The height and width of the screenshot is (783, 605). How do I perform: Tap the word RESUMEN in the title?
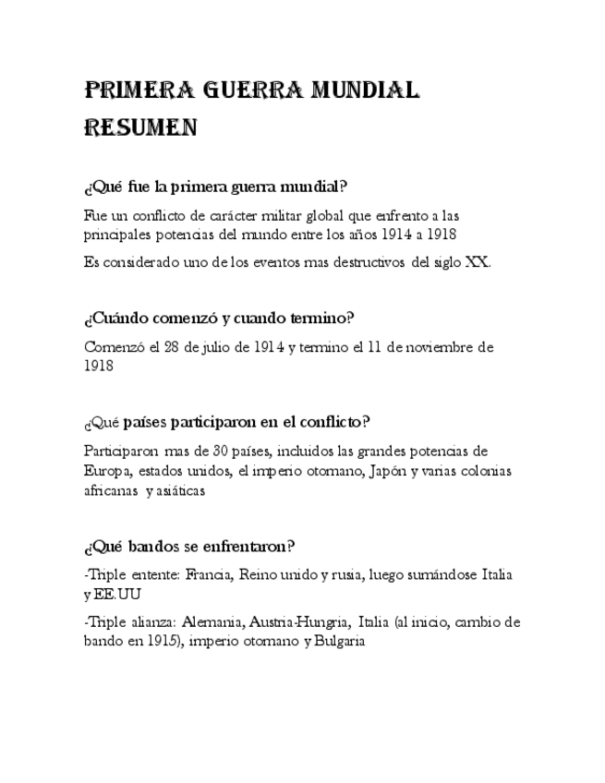pos(140,127)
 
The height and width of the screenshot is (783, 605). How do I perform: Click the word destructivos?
pos(368,261)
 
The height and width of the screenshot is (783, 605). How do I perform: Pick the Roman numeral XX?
pos(477,261)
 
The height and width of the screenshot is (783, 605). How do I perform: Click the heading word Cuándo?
pos(119,319)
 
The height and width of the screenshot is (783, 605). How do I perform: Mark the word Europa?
pos(107,471)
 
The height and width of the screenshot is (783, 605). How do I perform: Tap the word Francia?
pos(209,574)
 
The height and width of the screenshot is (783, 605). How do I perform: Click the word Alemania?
pos(212,621)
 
